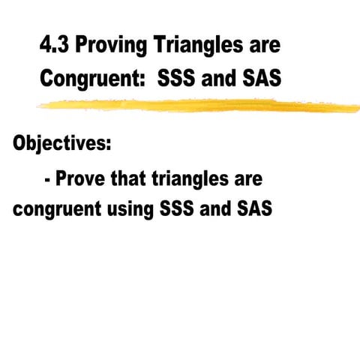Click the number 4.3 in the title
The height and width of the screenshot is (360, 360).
(55, 46)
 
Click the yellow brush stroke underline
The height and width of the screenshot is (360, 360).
(195, 106)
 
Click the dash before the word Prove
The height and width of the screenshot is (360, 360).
(48, 181)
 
